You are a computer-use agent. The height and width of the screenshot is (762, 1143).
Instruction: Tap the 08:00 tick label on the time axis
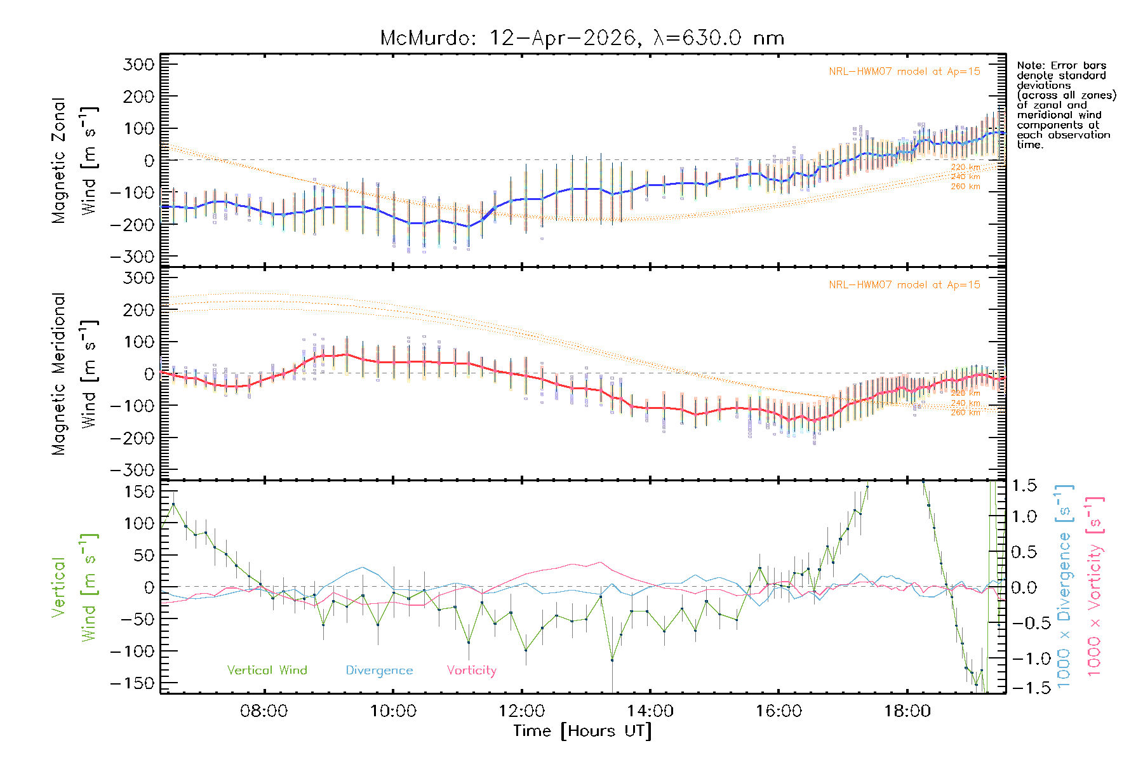click(x=264, y=711)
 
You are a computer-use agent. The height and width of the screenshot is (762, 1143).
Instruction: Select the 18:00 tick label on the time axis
click(x=907, y=711)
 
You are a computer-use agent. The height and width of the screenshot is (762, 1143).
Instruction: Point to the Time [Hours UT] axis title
click(x=582, y=731)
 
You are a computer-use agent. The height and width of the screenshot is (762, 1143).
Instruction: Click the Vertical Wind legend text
click(x=267, y=671)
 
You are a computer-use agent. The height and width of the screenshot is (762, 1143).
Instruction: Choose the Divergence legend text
click(x=379, y=671)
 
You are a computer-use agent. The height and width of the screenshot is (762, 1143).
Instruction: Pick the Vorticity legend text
click(x=471, y=671)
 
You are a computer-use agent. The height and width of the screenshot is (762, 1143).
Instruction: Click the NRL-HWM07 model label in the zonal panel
click(x=904, y=72)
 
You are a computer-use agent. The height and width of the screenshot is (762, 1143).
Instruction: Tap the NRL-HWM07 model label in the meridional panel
click(x=904, y=285)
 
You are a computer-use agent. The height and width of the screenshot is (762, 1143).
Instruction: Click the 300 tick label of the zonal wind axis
click(x=139, y=64)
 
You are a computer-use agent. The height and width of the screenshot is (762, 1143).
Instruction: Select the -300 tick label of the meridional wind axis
click(x=132, y=470)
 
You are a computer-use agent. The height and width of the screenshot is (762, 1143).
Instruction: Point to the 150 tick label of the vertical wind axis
click(x=139, y=491)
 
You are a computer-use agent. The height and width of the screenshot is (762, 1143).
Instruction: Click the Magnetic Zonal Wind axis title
click(x=75, y=161)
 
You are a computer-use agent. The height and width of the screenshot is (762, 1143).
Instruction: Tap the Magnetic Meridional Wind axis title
click(x=75, y=374)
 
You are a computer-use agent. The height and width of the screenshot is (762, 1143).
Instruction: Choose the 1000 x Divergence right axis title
click(x=1065, y=586)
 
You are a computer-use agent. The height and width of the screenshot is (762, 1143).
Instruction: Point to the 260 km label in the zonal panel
click(x=965, y=187)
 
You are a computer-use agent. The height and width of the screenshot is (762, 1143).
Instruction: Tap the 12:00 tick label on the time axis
click(x=521, y=711)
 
